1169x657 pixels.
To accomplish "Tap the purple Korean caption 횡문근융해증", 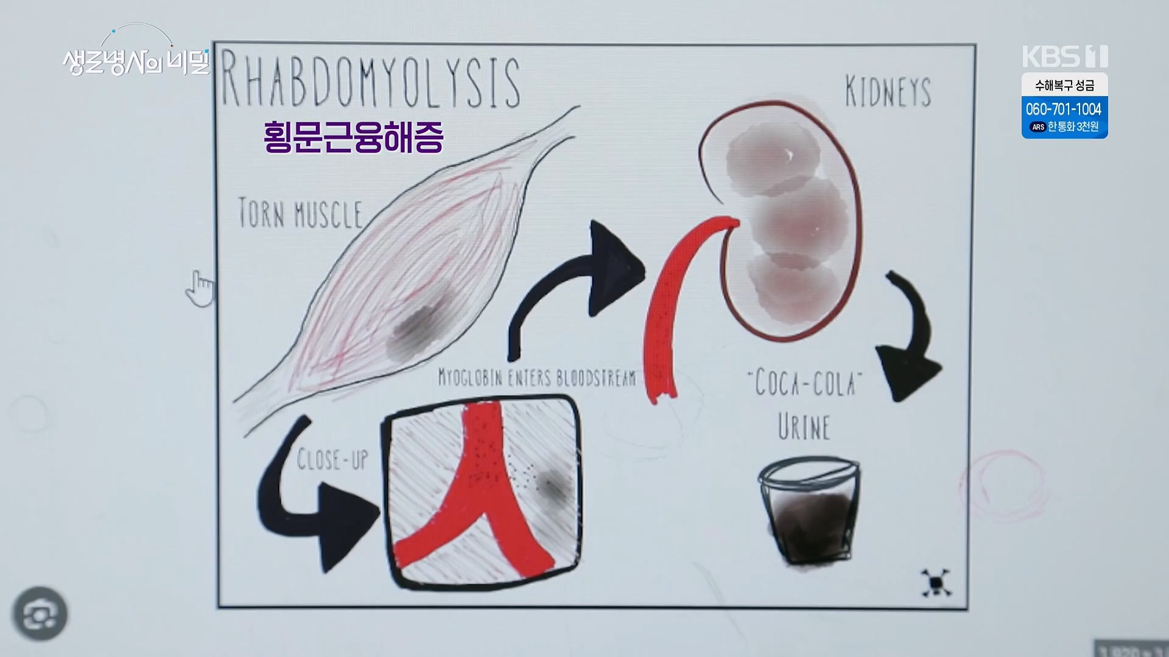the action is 353,137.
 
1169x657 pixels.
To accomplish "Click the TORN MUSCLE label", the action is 300,214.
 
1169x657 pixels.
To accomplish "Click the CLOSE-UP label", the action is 332,460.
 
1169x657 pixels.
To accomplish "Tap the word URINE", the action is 804,426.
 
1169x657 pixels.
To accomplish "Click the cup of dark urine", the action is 809,511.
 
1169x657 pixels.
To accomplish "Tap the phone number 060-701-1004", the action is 1064,109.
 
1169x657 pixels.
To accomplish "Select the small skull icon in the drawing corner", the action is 936,583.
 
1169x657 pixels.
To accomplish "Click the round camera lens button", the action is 41,614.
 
